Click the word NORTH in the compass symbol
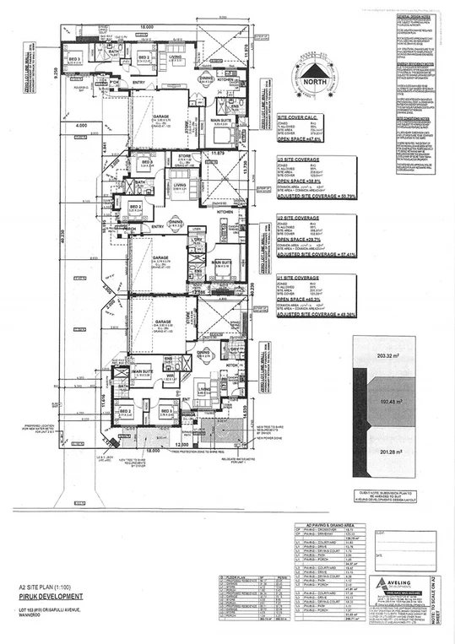(317, 82)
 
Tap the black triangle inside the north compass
(317, 67)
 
